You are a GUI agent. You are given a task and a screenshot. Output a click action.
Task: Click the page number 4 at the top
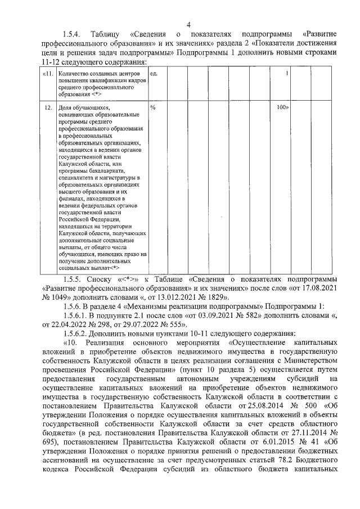(x=188, y=24)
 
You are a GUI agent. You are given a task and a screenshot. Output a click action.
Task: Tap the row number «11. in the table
(x=49, y=74)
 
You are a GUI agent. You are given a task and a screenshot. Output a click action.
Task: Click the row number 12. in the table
(x=49, y=107)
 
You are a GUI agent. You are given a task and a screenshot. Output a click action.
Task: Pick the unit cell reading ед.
(x=154, y=74)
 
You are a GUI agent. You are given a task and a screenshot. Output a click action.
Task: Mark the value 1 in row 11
(x=287, y=74)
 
